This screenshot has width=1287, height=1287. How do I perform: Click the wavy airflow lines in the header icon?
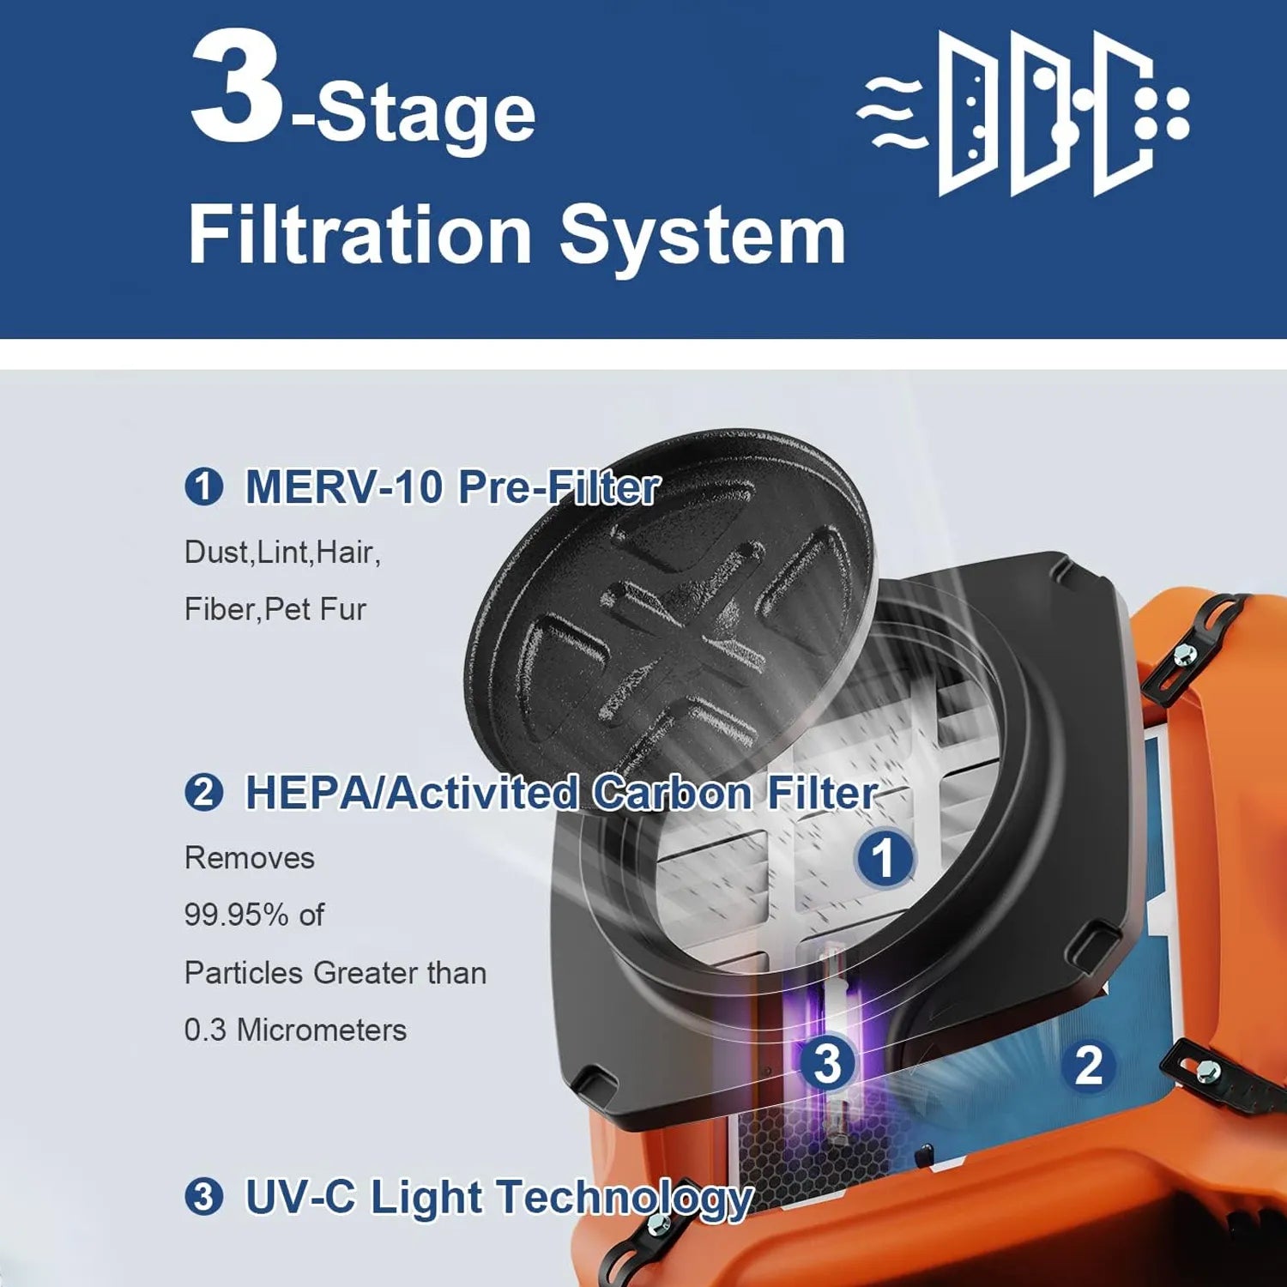(x=891, y=112)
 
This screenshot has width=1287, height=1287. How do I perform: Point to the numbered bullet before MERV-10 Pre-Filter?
(x=204, y=487)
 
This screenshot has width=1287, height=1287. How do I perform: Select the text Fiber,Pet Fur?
(x=275, y=609)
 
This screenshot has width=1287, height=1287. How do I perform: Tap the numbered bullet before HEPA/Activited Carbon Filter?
(x=204, y=792)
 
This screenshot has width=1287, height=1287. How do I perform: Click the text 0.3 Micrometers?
(x=295, y=1030)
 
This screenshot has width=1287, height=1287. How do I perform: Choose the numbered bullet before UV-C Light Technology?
(x=204, y=1196)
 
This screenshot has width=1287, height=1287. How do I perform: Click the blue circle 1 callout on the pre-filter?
(x=884, y=857)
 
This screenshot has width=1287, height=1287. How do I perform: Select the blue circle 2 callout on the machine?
(x=1089, y=1065)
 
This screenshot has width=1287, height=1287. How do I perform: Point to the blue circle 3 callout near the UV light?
(x=828, y=1063)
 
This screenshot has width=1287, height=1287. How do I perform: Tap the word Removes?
(x=250, y=858)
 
